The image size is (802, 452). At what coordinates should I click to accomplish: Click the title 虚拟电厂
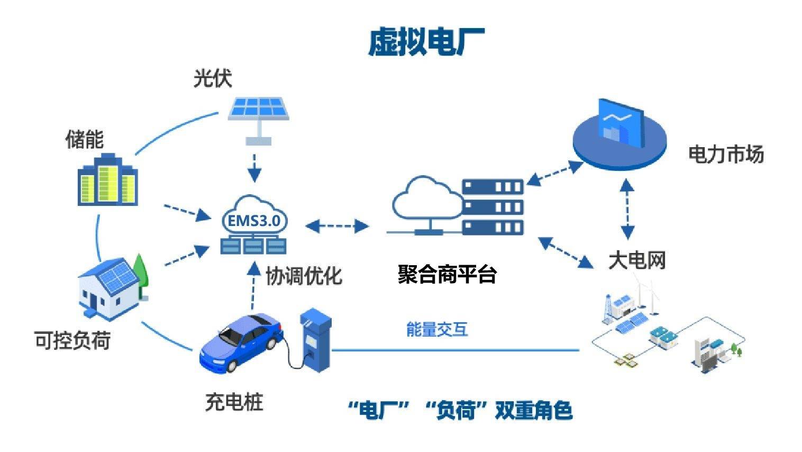[426, 43]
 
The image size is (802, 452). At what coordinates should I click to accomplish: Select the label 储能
[84, 140]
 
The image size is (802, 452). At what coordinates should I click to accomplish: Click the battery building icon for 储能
[108, 180]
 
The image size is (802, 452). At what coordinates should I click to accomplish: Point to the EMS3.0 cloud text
[254, 221]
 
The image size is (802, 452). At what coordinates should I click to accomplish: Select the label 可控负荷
[72, 340]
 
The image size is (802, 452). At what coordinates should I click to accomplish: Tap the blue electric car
[241, 343]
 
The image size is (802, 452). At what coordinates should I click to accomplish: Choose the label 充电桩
[234, 402]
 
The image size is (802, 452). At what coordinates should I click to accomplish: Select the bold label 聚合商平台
[447, 274]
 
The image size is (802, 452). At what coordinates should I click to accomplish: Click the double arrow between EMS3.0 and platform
[337, 226]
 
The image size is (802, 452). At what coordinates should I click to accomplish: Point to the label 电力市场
[726, 155]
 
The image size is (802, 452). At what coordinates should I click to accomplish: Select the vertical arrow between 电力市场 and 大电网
[627, 209]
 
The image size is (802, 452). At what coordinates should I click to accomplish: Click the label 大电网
[637, 260]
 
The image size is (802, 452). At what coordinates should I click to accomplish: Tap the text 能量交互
[437, 329]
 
